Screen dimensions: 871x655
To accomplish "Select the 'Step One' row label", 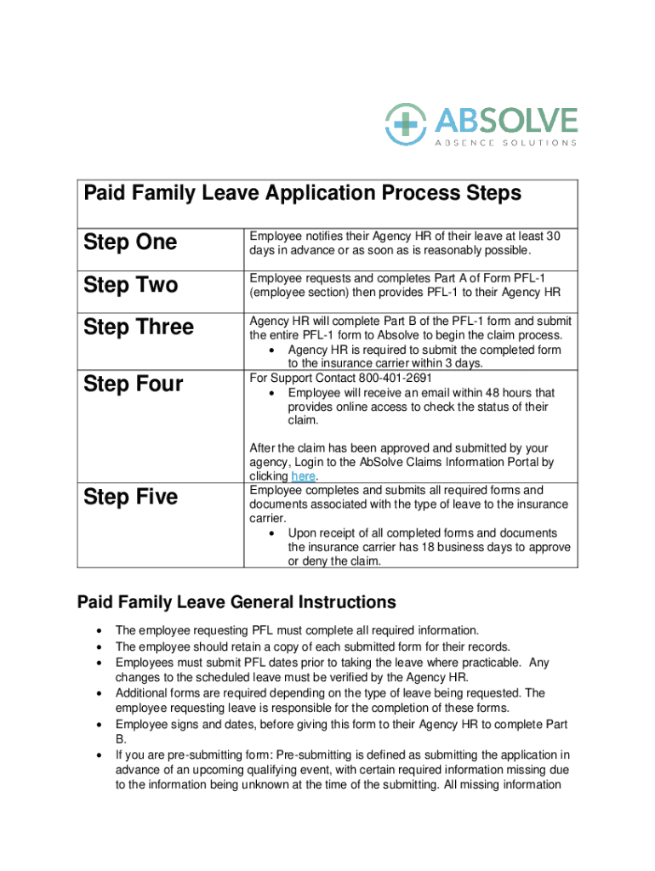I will (x=130, y=242).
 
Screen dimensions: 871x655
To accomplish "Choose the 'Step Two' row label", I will (x=130, y=285).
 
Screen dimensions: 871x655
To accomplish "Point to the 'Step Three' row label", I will (x=139, y=327).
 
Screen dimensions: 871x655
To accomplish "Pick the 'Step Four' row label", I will (x=134, y=384).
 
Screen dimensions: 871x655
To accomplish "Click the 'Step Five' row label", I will (x=130, y=497).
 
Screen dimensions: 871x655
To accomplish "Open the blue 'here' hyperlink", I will (x=303, y=476).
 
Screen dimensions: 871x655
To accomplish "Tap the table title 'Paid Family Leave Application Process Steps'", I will (x=302, y=194).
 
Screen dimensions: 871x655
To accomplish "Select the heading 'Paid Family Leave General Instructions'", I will (x=236, y=603).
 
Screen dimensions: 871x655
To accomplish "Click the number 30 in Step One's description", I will (x=553, y=236).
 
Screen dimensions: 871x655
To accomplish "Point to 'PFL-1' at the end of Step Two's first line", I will (x=546, y=278).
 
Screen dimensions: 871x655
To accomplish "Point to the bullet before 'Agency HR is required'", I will (x=271, y=350).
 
